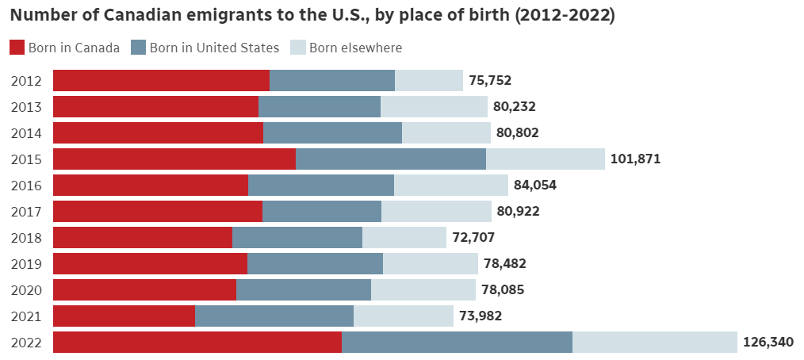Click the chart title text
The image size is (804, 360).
coord(312,16)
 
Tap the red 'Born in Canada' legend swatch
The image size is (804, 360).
coord(17,48)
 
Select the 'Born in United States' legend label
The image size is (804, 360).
coord(214,48)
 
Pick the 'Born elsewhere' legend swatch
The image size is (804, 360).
coord(299,48)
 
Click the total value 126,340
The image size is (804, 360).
coord(768,343)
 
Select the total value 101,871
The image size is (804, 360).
coord(635,159)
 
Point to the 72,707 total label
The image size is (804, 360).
coord(473,237)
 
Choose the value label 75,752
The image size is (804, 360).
coord(490,80)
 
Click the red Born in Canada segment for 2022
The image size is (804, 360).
coord(197,343)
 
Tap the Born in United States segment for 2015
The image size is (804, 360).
coord(391,159)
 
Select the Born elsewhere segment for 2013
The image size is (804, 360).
coord(434,106)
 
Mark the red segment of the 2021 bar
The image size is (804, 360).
coord(124,316)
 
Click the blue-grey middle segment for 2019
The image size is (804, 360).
coord(315,263)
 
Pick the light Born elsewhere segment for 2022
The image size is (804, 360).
coord(655,343)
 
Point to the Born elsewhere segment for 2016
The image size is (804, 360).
coord(451,185)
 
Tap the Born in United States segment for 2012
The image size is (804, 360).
coord(332,80)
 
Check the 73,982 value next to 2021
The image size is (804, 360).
coord(480,316)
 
